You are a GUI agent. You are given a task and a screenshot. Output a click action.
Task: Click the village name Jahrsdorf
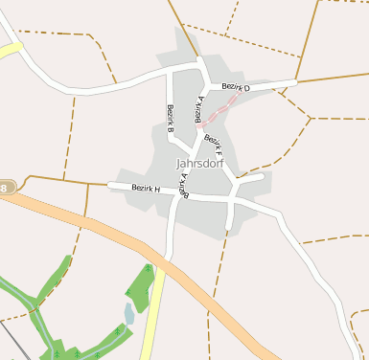[x=199, y=163]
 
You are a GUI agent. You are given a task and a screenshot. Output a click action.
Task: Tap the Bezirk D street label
[x=235, y=88]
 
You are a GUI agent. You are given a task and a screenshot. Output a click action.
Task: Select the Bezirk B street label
[x=170, y=117]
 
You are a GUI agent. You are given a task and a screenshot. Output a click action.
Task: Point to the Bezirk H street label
[x=146, y=189]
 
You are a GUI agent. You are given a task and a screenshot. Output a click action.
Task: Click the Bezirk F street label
[x=213, y=146]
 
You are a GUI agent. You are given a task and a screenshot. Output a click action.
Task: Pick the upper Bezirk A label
[x=200, y=109]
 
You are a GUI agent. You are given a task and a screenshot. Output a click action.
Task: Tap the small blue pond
[x=129, y=313]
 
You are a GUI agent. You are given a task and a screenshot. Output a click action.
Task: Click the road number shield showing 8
[x=6, y=188]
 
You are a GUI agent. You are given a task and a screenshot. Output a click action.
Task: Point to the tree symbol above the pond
[x=147, y=270]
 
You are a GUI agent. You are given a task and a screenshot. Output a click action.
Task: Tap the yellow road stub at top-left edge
[x=10, y=49]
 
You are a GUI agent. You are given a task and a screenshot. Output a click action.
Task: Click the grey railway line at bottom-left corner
[x=12, y=339]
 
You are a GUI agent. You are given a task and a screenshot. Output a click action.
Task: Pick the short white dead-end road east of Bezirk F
[x=251, y=178]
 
